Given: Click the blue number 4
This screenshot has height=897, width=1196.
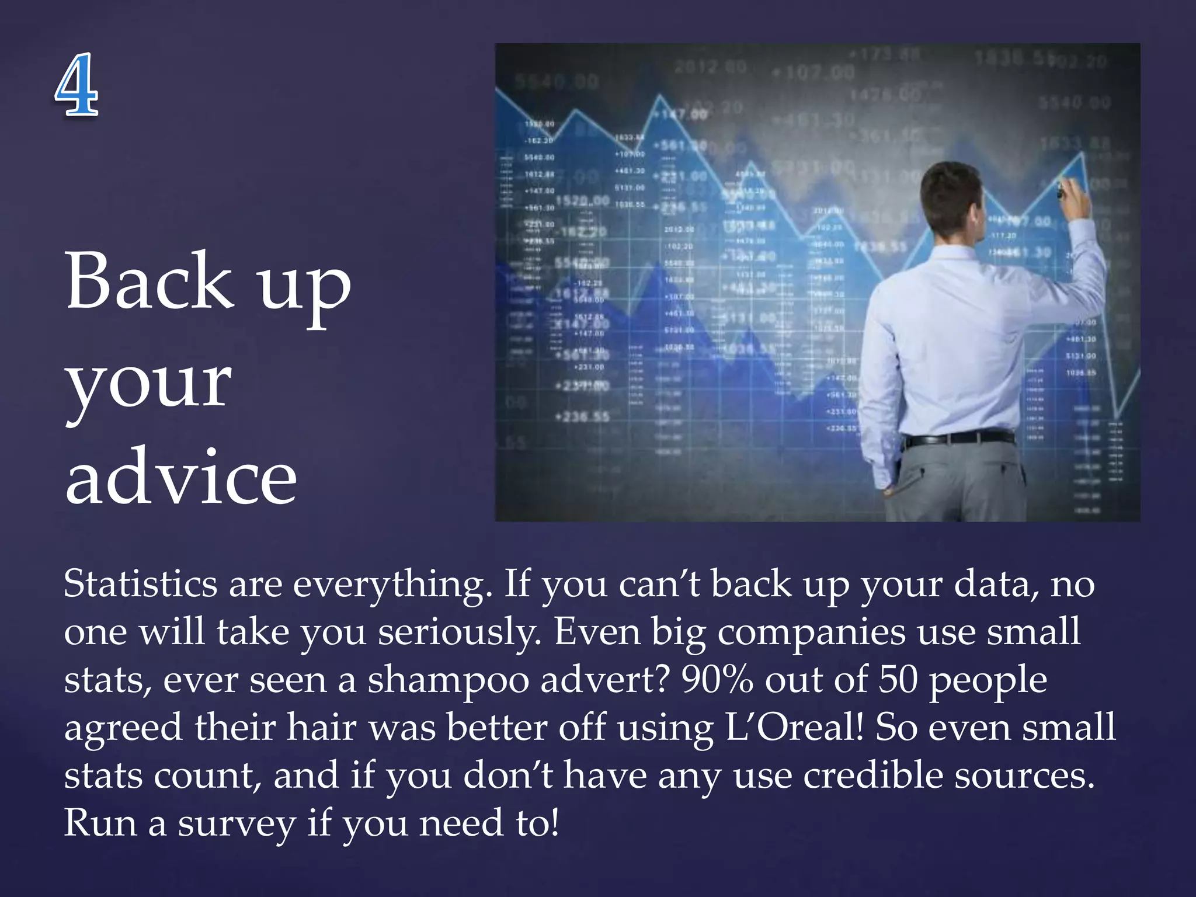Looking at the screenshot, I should [x=77, y=84].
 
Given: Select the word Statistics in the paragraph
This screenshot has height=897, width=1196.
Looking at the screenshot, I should [x=140, y=583].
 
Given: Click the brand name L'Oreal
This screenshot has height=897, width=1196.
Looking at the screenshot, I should [x=794, y=728].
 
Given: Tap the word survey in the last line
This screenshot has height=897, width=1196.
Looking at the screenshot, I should [x=237, y=824].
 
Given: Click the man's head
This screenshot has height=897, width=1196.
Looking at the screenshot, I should [x=951, y=199].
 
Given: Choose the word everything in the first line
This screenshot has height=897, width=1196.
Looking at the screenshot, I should [x=391, y=585].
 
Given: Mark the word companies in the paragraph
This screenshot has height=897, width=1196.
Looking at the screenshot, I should [x=811, y=632].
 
